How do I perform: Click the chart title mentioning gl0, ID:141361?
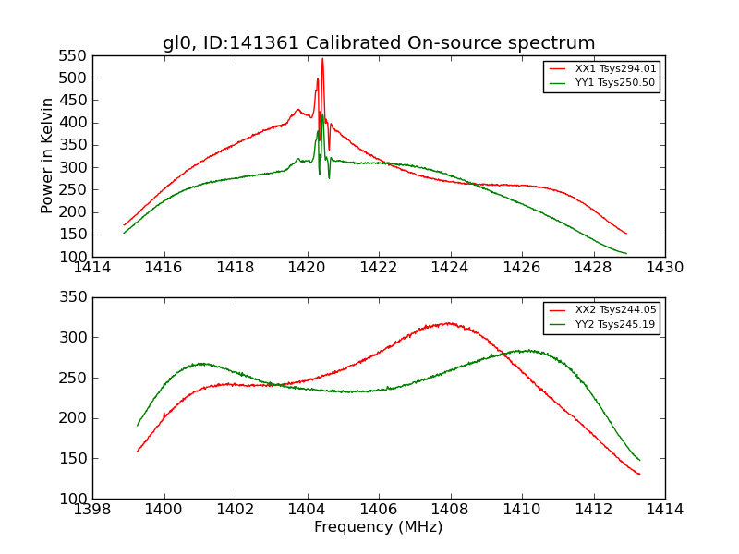point(379,43)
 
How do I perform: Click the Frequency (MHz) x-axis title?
point(379,527)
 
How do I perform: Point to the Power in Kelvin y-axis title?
point(48,156)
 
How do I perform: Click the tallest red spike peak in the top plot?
point(322,59)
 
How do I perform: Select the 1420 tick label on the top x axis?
point(308,268)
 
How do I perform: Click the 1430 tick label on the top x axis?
point(665,268)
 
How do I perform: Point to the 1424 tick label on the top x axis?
point(451,268)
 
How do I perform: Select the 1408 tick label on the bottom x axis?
point(451,510)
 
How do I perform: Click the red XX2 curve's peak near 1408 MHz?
point(449,323)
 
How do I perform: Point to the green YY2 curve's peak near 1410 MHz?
point(526,351)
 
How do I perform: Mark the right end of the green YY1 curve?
point(626,253)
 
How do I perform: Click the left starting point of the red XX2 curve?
point(138,452)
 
